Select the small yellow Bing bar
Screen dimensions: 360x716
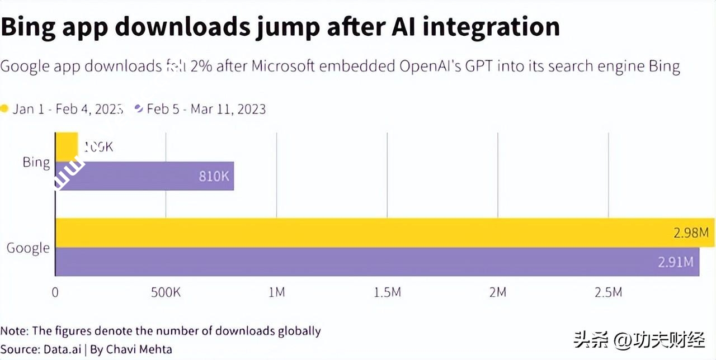[67, 146]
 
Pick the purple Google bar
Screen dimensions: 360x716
[377, 262]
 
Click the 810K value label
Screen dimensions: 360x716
[214, 176]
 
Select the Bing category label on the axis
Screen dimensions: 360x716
[36, 162]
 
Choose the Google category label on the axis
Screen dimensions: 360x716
[28, 248]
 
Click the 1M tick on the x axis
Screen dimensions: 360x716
[276, 292]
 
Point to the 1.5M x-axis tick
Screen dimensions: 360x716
[387, 292]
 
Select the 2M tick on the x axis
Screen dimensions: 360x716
[498, 292]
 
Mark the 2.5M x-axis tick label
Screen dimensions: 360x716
[608, 292]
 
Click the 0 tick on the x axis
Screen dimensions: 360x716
[55, 292]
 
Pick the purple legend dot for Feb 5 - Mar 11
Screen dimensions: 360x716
[139, 108]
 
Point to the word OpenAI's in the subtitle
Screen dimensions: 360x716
[428, 67]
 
